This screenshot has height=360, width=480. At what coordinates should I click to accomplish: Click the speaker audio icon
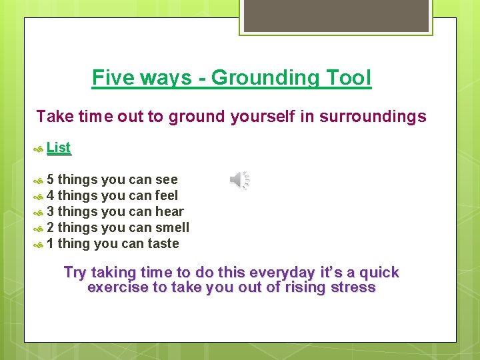(240, 179)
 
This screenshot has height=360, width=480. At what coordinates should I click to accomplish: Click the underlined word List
(59, 148)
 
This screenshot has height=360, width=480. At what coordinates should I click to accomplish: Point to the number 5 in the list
(51, 179)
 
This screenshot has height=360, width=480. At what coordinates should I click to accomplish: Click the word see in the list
(166, 179)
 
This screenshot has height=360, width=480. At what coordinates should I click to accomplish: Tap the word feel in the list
(166, 195)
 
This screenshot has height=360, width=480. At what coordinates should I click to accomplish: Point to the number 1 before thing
(51, 243)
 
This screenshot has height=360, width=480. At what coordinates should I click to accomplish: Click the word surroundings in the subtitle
(373, 117)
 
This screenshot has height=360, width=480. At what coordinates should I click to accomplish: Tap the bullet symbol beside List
(39, 149)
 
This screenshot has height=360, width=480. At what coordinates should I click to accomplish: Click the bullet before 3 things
(39, 212)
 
